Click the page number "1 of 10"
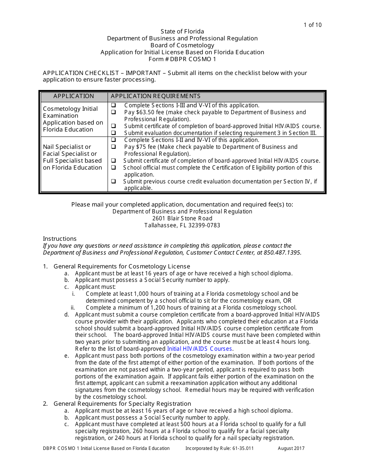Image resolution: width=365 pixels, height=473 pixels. click(x=312, y=25)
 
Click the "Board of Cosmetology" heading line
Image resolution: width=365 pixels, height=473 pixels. click(x=182, y=45)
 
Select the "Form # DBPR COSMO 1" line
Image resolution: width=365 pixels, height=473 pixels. click(x=182, y=59)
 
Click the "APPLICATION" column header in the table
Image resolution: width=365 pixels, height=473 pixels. click(x=73, y=96)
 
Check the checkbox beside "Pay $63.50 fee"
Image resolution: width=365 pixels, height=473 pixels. click(x=113, y=112)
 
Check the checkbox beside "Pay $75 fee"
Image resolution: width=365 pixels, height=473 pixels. click(x=113, y=147)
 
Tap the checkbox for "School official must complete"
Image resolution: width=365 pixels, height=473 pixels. click(x=113, y=168)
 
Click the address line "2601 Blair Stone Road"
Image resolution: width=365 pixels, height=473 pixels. click(x=182, y=218)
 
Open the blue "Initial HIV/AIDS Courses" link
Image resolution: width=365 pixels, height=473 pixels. click(x=199, y=349)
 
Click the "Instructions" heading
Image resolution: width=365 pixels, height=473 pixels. click(x=60, y=239)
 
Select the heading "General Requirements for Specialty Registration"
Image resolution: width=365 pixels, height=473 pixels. click(x=122, y=404)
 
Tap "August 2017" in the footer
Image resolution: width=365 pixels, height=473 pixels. click(x=291, y=448)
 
